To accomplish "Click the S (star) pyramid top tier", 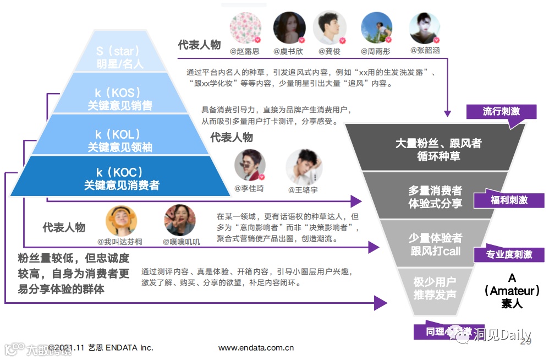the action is point(120,57).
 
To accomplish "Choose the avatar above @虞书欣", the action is point(289,28).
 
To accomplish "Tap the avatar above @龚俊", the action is point(330,28).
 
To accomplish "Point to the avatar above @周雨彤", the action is point(376,28).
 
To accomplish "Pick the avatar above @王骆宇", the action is point(303,166).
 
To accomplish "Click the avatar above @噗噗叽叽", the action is point(180,220).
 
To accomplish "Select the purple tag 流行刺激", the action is point(501,112).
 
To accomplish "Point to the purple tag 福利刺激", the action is point(509,200).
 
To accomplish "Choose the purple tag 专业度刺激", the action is point(509,254).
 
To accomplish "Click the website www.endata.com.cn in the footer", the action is point(256,347).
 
